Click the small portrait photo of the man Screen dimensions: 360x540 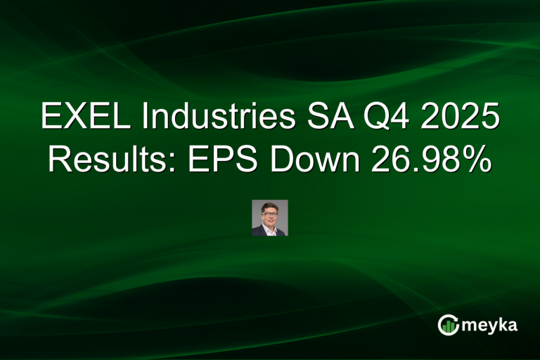[270, 217]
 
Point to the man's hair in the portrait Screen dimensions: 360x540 [270, 205]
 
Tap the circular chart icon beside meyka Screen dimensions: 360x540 [447, 325]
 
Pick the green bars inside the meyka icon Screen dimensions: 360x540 [448, 326]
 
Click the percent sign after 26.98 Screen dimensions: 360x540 [478, 161]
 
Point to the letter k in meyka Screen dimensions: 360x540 [502, 324]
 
